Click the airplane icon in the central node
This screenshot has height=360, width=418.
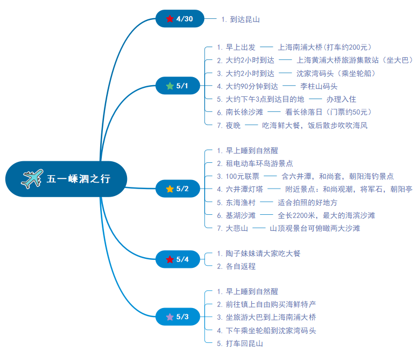[32, 178]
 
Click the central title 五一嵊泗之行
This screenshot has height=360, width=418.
[78, 179]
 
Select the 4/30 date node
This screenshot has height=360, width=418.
[180, 19]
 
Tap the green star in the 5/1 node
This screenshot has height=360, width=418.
[170, 86]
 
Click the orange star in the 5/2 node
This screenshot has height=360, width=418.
[170, 189]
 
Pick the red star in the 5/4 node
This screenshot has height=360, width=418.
[170, 259]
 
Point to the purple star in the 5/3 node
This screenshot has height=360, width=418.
[170, 317]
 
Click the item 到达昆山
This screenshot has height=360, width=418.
[245, 19]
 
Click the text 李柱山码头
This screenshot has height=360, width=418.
[318, 86]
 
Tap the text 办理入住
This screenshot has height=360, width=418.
[341, 99]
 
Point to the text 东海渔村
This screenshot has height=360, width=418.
[241, 202]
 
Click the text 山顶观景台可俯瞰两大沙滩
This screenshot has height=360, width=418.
[315, 228]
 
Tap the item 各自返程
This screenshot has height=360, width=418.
[241, 266]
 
